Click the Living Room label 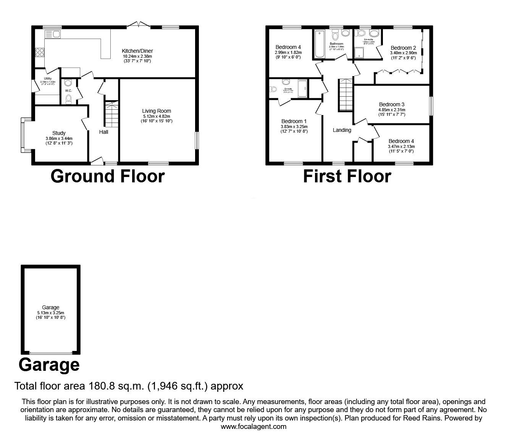(x=157, y=111)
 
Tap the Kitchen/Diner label (x=137, y=51)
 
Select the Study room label (x=59, y=133)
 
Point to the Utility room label (x=48, y=78)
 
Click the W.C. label (x=69, y=91)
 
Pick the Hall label (x=103, y=132)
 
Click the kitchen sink (x=52, y=34)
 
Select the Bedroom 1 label (x=294, y=122)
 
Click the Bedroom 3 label (x=392, y=104)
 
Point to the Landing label (x=342, y=130)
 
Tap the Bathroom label (x=337, y=44)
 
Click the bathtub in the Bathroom (x=318, y=43)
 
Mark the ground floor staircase (x=112, y=114)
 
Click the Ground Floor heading (x=108, y=176)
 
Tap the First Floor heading (x=347, y=176)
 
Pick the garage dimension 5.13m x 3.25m (x=51, y=312)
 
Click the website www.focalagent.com (x=253, y=427)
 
